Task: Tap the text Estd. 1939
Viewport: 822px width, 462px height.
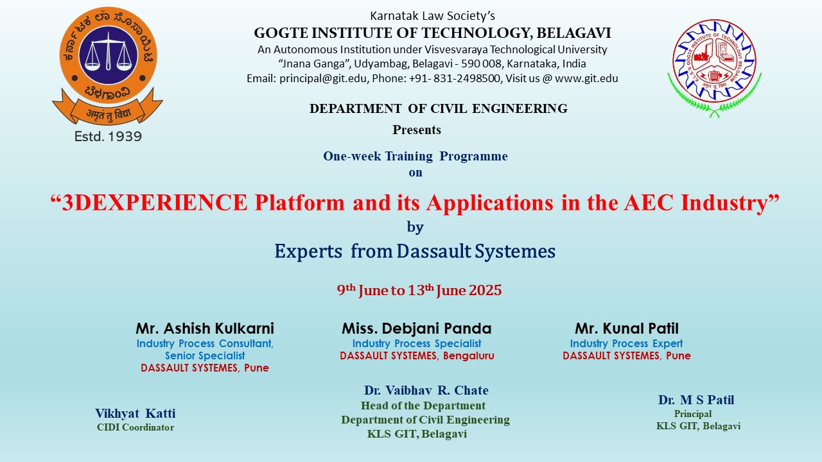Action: tap(108, 137)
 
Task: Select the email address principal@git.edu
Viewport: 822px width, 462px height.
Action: tap(323, 78)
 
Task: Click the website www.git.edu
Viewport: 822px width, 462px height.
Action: tap(586, 78)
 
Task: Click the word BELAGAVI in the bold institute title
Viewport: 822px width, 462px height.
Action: tap(573, 33)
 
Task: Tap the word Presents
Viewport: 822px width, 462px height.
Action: tap(417, 130)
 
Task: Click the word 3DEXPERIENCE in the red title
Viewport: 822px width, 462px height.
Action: tap(155, 202)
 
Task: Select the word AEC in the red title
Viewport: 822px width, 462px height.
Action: tap(649, 202)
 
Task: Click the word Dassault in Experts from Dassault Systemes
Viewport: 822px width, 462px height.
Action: tap(433, 251)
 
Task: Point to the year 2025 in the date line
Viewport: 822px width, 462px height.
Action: tap(485, 291)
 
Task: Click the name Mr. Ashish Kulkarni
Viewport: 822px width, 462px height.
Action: tap(205, 329)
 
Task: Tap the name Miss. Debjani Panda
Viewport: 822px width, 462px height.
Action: tap(417, 329)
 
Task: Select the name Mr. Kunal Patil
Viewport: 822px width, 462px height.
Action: tap(626, 329)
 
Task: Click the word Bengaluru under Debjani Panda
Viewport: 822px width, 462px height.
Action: tap(469, 355)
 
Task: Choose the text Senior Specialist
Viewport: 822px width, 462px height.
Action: tap(205, 355)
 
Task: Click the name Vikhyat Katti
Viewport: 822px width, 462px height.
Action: tap(135, 414)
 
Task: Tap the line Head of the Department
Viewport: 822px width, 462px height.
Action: tap(423, 406)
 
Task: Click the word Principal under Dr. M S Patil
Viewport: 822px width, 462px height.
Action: tap(692, 414)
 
